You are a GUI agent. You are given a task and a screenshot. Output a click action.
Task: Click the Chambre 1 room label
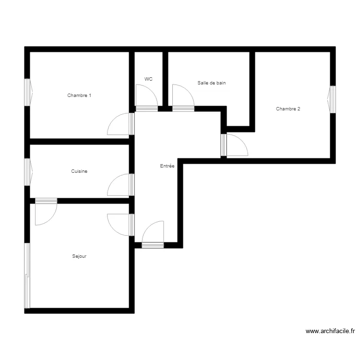pos(79,96)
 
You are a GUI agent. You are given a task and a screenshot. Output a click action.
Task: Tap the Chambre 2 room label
pos(288,108)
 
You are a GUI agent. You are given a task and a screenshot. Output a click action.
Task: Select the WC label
pos(148,79)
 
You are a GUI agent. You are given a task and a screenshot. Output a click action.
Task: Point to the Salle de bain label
pos(212,83)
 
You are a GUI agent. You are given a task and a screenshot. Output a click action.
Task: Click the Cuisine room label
pos(79,171)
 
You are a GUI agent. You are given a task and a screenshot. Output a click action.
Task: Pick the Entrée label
pos(167,166)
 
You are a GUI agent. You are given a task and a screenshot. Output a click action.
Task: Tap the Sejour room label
pos(79,256)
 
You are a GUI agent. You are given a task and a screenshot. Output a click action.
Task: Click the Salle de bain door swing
pos(183,96)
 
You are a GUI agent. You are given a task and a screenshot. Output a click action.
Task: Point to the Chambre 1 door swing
pos(119,124)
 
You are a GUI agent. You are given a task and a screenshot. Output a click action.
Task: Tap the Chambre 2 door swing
pos(237,145)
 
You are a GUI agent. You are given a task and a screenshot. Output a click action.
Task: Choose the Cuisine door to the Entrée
pos(119,185)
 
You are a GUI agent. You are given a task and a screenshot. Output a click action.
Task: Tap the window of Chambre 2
pos(332,99)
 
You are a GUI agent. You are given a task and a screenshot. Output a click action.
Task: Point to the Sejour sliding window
pos(27,276)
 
